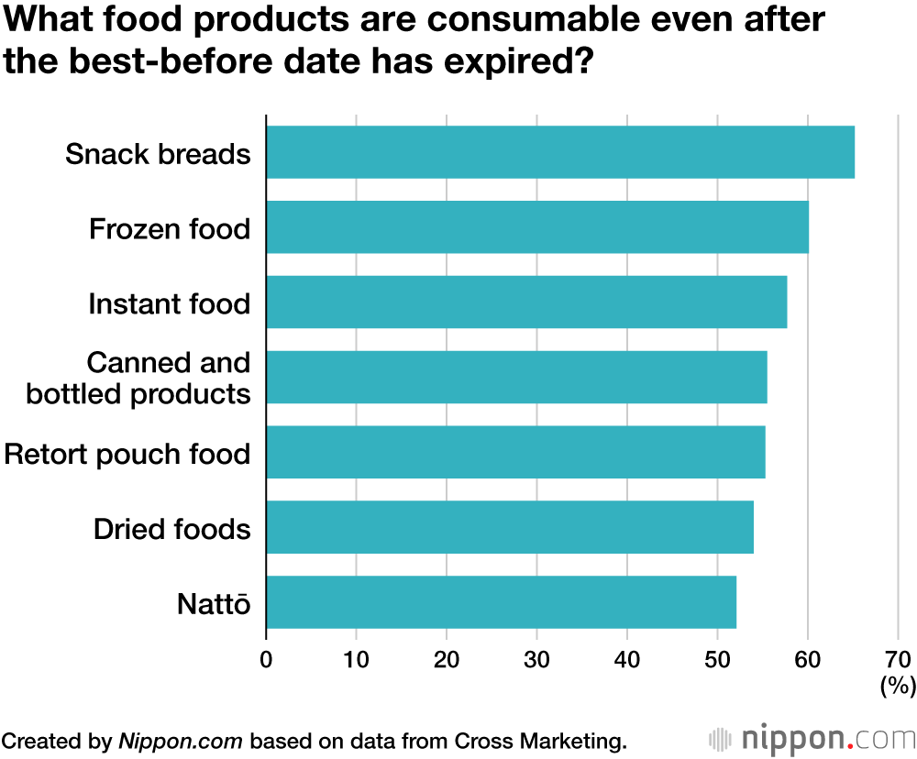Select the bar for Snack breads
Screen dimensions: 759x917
point(559,152)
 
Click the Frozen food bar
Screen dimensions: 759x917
point(536,227)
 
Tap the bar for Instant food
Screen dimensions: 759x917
point(525,302)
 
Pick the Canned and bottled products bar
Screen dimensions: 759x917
point(515,378)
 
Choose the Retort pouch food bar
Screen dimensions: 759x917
point(514,453)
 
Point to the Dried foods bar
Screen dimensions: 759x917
point(509,528)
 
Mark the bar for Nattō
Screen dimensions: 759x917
point(501,602)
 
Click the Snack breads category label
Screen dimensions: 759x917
point(158,153)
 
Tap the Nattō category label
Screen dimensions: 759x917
point(213,604)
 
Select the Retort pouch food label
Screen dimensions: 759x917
point(127,454)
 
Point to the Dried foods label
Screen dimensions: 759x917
point(172,529)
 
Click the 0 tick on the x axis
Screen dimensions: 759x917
point(266,659)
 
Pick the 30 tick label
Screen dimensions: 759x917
point(536,659)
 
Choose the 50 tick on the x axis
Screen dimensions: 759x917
point(717,659)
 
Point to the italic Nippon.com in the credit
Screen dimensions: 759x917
point(180,740)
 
